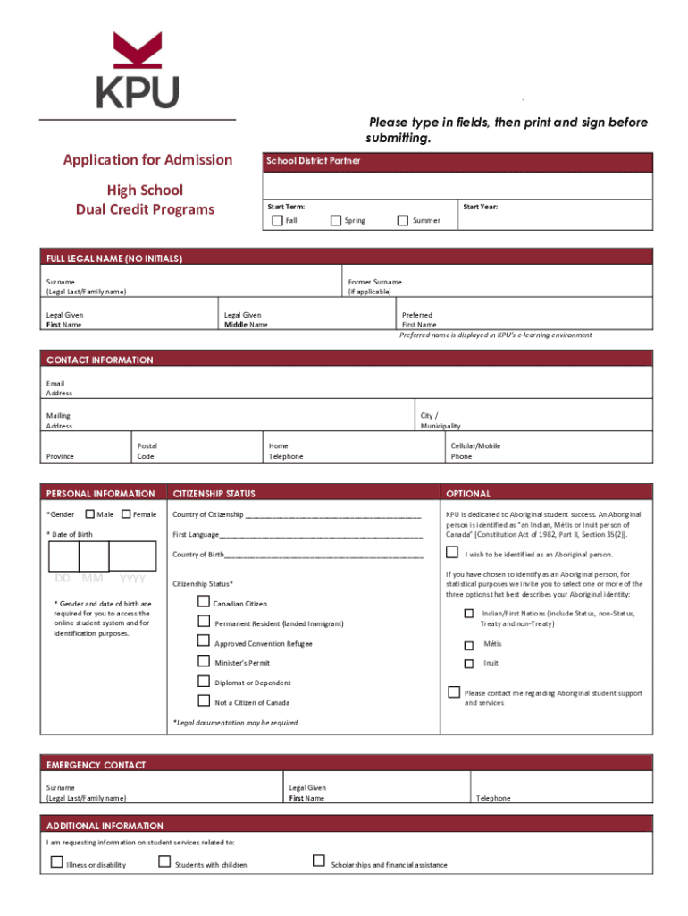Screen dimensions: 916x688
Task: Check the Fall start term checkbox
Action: [278, 220]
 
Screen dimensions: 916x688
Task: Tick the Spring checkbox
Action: [336, 220]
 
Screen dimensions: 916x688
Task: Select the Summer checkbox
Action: [403, 220]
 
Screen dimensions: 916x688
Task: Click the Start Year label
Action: [480, 207]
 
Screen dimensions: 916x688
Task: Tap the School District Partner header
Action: [313, 161]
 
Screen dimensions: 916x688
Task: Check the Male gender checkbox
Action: [90, 514]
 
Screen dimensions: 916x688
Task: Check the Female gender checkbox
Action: [126, 514]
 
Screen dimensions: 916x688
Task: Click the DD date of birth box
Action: [63, 556]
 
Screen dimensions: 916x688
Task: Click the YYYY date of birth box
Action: [132, 556]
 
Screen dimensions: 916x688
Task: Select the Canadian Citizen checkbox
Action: [203, 601]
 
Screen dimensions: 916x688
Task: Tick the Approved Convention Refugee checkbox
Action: [203, 641]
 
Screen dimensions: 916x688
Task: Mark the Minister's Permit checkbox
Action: [203, 661]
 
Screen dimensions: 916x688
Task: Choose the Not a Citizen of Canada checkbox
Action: [203, 700]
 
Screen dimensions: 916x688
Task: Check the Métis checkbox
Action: [468, 645]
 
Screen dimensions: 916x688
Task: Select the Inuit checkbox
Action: [468, 664]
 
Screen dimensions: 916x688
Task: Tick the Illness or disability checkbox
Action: [56, 862]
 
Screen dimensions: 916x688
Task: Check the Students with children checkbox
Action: [164, 861]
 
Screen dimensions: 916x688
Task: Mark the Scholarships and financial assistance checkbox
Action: [318, 861]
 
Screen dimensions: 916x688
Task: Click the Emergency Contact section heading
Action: [96, 765]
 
